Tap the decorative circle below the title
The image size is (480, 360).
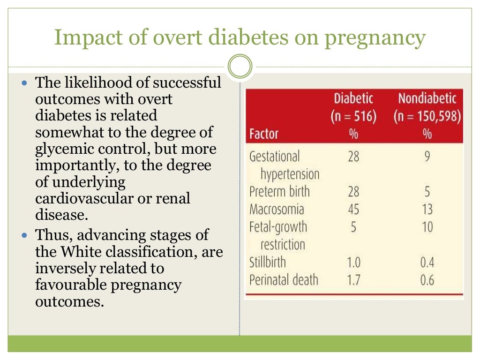(x=240, y=67)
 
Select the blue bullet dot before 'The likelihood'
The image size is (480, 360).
(x=25, y=83)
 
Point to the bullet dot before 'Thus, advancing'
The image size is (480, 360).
(x=25, y=235)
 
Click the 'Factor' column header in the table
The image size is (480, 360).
(x=263, y=134)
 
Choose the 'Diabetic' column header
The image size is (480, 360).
(x=353, y=98)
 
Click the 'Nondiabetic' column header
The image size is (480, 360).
(x=427, y=98)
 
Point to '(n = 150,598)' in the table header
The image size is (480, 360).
(x=427, y=116)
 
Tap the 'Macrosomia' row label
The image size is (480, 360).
(x=277, y=209)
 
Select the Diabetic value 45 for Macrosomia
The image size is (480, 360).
(x=353, y=209)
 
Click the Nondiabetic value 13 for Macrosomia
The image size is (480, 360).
(x=427, y=209)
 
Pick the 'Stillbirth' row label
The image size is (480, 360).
(x=267, y=262)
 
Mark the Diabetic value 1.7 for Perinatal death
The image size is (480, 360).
(x=353, y=280)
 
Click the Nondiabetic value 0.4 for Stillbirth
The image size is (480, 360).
(x=427, y=262)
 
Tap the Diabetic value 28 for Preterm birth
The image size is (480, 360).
(x=353, y=191)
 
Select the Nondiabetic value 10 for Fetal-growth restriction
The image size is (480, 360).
(x=427, y=227)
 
